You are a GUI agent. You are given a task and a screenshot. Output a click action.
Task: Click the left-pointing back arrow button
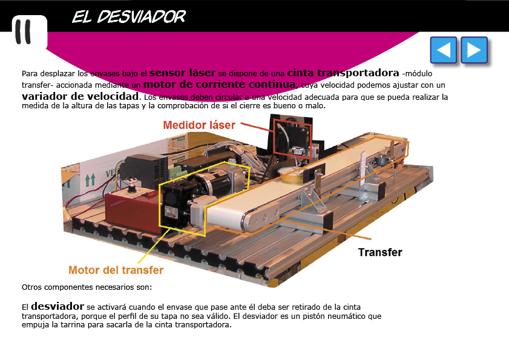[x=443, y=50]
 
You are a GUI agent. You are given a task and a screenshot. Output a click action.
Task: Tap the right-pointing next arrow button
[x=474, y=50]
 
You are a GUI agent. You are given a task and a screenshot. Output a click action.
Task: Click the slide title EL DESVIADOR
[x=129, y=16]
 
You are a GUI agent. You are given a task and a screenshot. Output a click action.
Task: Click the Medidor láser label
[x=199, y=125]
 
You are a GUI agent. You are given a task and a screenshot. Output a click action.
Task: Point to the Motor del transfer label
[x=116, y=270]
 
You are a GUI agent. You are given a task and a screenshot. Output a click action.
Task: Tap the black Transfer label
[x=380, y=252]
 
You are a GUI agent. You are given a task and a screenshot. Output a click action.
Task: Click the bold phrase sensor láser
[x=182, y=73]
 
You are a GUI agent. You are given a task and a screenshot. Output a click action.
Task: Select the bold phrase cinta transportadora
[x=343, y=73]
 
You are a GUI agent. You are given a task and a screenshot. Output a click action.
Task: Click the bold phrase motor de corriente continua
[x=220, y=84]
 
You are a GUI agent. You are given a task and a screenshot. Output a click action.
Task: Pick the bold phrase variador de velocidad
[x=80, y=96]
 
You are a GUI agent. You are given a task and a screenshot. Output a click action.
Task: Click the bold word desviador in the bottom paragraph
[x=57, y=306]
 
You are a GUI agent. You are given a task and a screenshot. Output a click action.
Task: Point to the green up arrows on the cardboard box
[x=90, y=180]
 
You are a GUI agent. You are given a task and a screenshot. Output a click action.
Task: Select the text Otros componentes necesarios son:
[x=87, y=287]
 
